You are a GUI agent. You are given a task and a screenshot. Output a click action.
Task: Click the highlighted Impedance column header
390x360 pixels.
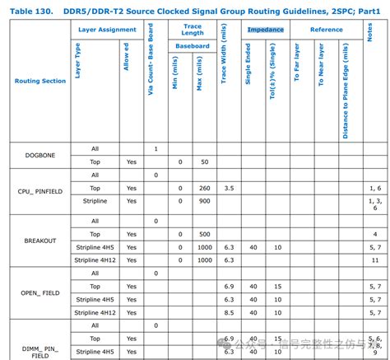pos(266,30)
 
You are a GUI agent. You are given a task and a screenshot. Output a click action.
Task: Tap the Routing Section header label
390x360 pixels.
pos(40,82)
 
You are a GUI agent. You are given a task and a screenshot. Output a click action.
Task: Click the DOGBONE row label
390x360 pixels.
pos(40,155)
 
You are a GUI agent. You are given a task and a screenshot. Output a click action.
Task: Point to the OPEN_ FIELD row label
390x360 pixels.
pos(40,292)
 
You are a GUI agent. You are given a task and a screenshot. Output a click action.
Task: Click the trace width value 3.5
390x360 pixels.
pos(229,189)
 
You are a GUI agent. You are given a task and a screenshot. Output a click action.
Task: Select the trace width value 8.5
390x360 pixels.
pos(229,312)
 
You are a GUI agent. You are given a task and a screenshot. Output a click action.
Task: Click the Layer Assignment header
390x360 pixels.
pos(107,30)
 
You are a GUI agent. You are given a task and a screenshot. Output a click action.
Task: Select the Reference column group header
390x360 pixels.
pos(327,30)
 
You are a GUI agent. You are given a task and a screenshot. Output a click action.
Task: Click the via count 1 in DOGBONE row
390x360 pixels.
pos(156,148)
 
